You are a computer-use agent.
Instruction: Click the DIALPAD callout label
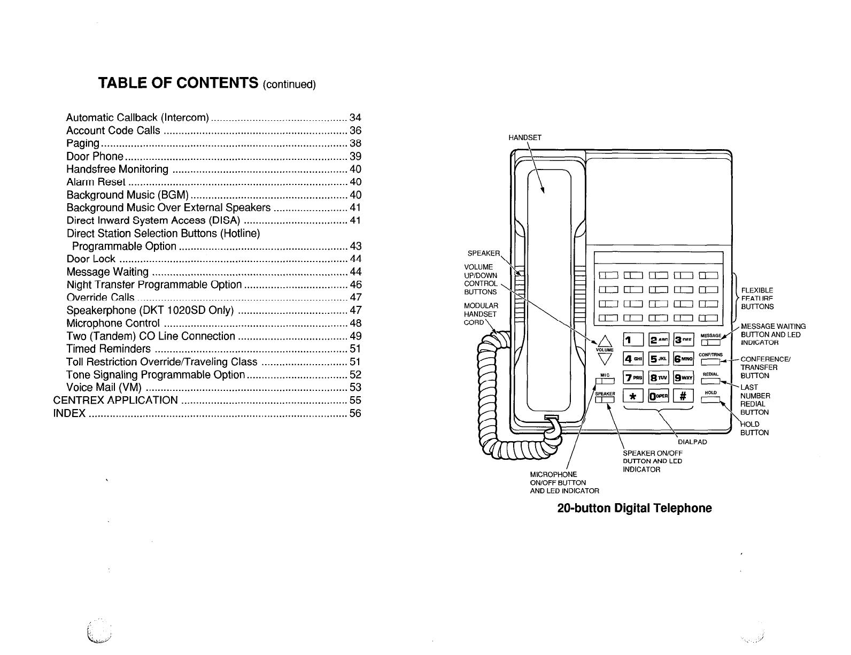pos(692,442)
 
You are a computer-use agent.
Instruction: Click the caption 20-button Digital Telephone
pos(635,508)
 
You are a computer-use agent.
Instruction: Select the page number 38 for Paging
pos(355,143)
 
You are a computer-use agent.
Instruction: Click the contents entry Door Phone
pos(95,156)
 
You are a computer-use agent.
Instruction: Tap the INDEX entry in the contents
pos(70,413)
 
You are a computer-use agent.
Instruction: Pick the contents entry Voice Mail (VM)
pos(104,387)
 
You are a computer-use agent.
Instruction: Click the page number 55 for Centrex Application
pos(355,400)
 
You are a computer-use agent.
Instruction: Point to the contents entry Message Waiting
pos(107,272)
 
